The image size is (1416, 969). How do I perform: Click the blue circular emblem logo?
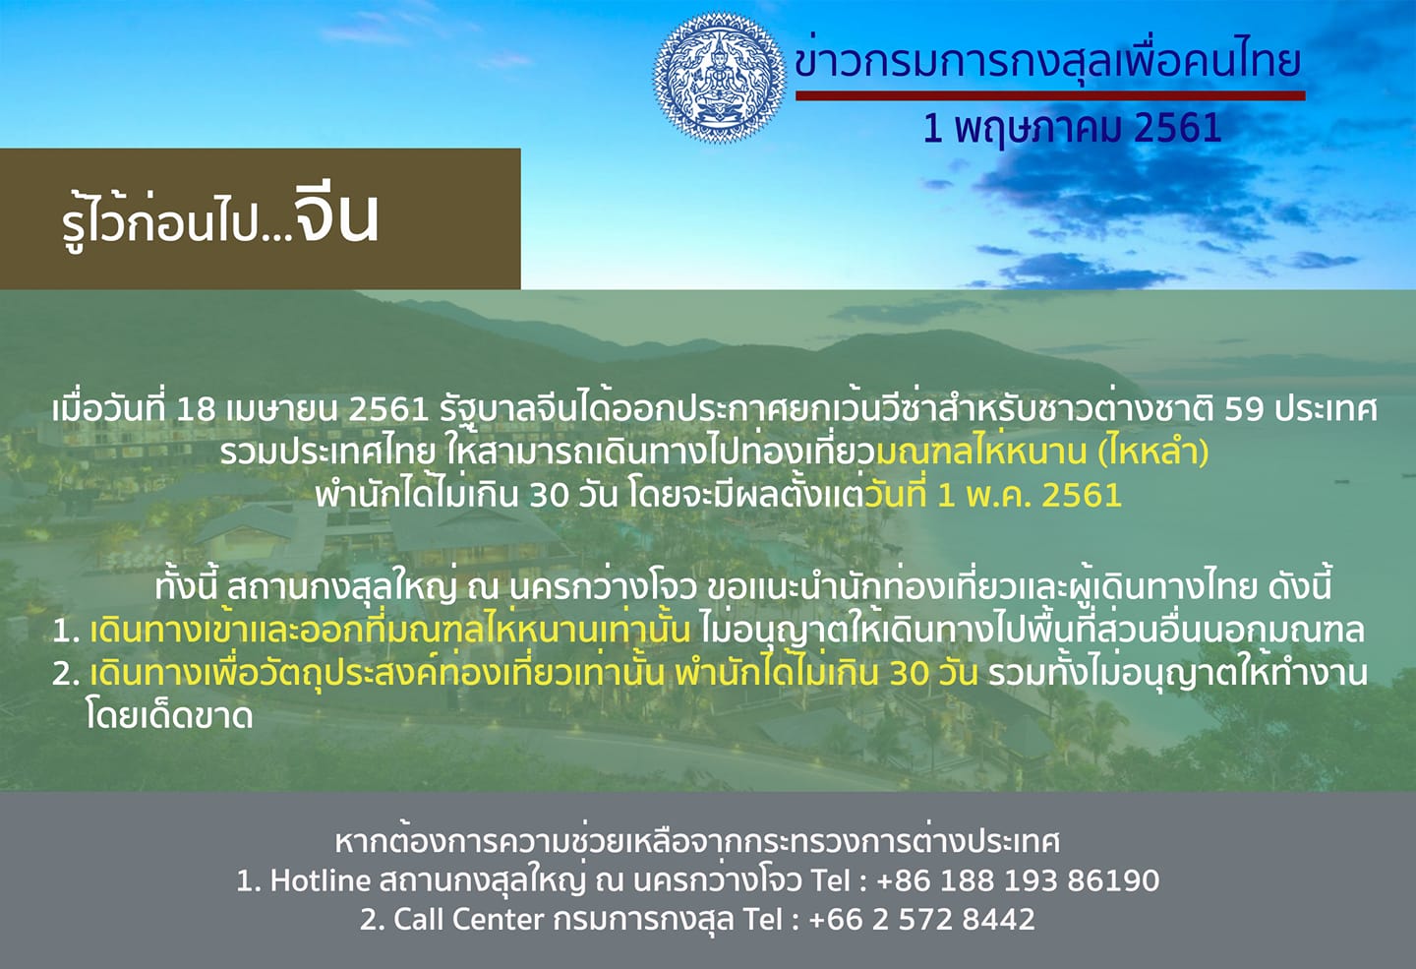point(720,77)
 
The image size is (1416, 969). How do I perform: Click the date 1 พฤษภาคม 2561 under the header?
point(1072,129)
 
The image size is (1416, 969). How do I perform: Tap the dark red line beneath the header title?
point(1050,95)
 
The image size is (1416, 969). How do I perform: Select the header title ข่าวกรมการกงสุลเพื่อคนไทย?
point(1047,62)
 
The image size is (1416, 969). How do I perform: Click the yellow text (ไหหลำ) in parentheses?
point(1153,453)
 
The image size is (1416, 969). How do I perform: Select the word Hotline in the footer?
point(320,879)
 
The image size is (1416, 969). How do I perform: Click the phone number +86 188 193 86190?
point(1019,879)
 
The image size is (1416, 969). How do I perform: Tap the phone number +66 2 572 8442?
point(921,919)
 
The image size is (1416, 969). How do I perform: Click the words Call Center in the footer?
point(468,919)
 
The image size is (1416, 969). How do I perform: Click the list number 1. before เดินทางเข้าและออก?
point(66,631)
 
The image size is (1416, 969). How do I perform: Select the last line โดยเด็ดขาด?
point(169,716)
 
